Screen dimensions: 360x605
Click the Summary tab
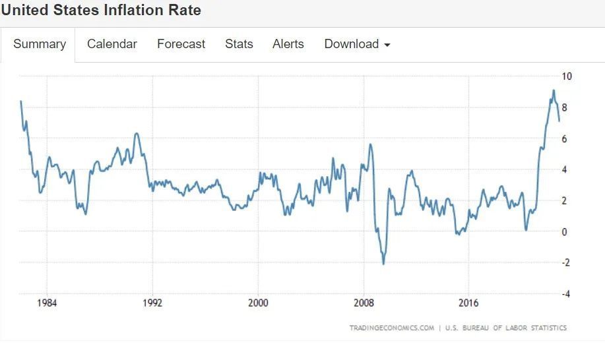(40, 44)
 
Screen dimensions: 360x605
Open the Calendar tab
(112, 44)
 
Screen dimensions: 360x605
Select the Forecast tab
(181, 44)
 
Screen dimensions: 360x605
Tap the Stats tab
(239, 44)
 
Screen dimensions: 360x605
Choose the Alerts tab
(288, 44)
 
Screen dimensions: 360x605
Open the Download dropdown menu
(357, 44)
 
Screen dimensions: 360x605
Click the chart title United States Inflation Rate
(101, 11)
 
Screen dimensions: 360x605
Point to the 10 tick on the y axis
(566, 76)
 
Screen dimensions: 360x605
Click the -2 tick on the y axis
(565, 262)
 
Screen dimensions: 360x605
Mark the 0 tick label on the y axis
(564, 231)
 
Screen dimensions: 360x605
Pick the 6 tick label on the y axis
(564, 138)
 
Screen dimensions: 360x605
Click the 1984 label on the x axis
(47, 303)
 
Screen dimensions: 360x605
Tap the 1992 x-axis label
(152, 303)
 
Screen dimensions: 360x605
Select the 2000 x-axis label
(258, 303)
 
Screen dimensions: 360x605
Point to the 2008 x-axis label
(364, 303)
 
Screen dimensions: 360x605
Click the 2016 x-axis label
(468, 303)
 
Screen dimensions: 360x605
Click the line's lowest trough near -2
(383, 264)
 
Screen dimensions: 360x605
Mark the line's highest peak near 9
(554, 90)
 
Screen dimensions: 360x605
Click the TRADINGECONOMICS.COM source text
(391, 328)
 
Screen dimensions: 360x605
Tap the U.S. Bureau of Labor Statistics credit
(506, 328)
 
